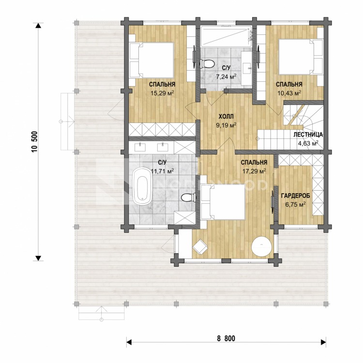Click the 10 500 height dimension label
(x=35, y=142)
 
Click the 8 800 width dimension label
(x=226, y=338)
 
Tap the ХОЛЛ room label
(x=226, y=116)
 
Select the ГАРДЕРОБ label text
(x=295, y=196)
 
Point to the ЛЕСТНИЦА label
(x=308, y=135)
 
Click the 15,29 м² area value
(x=162, y=93)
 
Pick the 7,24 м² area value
(x=226, y=76)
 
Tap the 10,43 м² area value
(x=289, y=93)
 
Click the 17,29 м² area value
(x=254, y=171)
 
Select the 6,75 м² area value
(x=295, y=204)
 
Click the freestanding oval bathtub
(x=142, y=186)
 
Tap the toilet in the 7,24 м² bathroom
(x=207, y=64)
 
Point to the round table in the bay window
(x=261, y=246)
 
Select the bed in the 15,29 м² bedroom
(x=151, y=60)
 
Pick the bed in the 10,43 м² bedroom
(x=301, y=57)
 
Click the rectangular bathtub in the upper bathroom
(x=226, y=37)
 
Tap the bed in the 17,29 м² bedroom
(x=223, y=202)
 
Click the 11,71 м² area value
(x=162, y=171)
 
